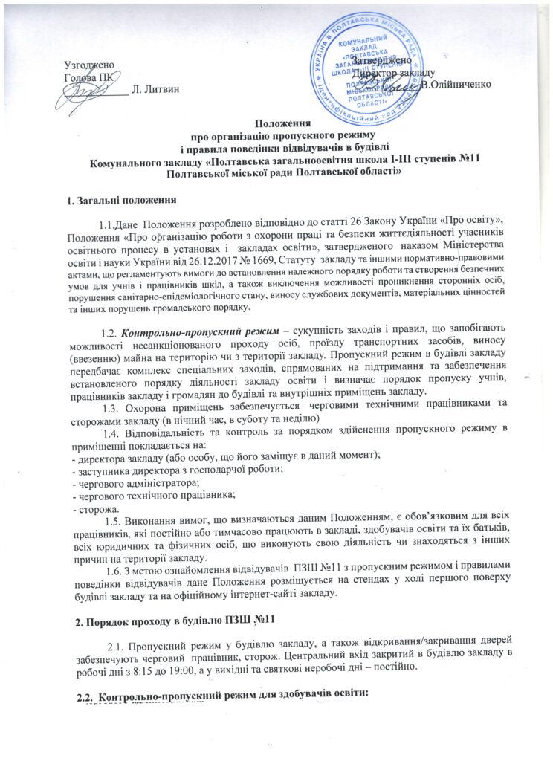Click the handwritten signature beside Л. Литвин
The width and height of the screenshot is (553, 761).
[87, 91]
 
